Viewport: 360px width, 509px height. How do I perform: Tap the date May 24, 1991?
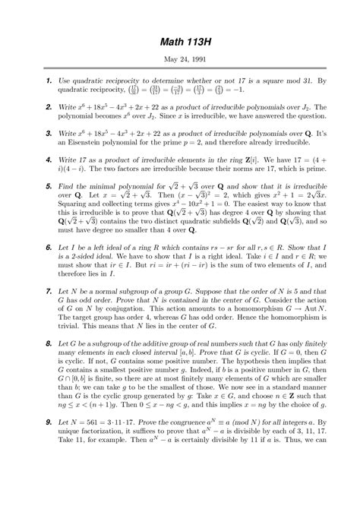(180, 58)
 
